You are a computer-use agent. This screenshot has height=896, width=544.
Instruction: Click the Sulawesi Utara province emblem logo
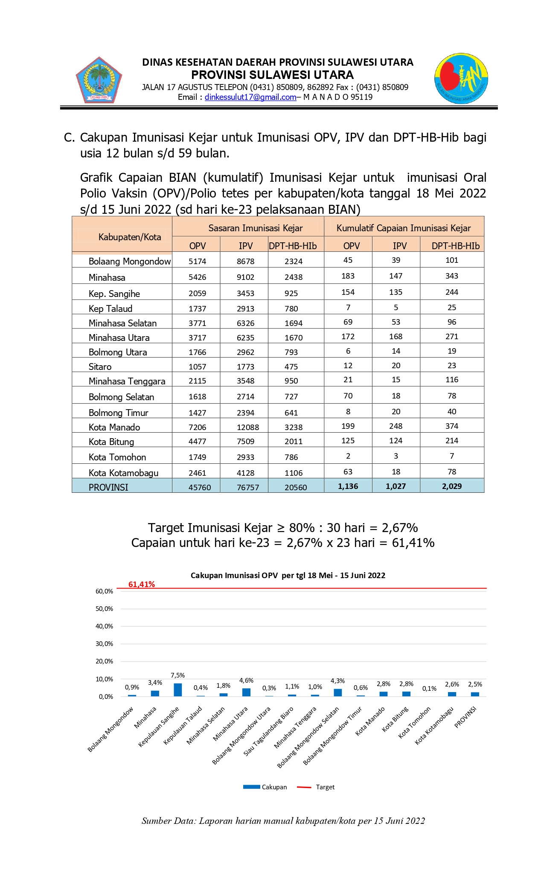pos(99,80)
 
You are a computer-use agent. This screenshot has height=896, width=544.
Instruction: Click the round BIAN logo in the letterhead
pos(461,79)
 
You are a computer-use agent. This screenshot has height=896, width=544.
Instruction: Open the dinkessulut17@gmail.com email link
pos(250,97)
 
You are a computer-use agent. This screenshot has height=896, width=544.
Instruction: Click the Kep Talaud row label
pos(111,308)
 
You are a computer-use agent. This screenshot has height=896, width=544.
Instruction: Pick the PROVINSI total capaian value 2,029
pos(452,486)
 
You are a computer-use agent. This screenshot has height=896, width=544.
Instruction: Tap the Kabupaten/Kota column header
pos(129,237)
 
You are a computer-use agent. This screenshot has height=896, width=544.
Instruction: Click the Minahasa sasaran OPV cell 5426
pos(197,277)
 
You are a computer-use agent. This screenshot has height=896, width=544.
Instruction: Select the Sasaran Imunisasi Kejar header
pos(255,228)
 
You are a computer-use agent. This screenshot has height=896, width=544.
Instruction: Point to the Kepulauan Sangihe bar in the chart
pos(177,690)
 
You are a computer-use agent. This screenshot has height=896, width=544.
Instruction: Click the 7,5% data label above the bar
pos(177,675)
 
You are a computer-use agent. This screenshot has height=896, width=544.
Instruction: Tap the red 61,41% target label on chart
pos(142,585)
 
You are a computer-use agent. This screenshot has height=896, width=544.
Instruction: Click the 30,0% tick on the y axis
pos(104,644)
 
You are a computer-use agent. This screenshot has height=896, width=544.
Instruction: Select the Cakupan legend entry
pos(265,787)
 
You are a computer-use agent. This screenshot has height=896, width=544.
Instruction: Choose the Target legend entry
pos(316,787)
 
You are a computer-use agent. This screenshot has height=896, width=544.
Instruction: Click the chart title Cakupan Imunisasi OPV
pos(288,576)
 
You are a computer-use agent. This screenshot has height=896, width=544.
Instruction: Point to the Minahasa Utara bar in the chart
pos(246,692)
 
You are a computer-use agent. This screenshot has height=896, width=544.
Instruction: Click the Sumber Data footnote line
pos(283,821)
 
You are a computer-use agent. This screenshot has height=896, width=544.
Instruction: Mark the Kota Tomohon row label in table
pos(117,457)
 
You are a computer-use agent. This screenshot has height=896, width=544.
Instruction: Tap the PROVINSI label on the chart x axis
pos(465,717)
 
